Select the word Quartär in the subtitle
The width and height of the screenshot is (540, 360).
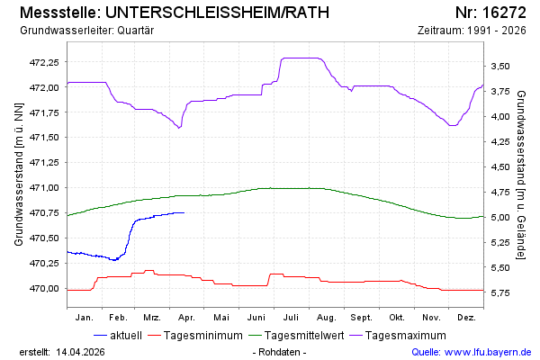[x=137, y=31]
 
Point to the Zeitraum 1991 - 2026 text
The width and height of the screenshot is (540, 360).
[x=473, y=31]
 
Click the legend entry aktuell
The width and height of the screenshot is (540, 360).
[x=124, y=335]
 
